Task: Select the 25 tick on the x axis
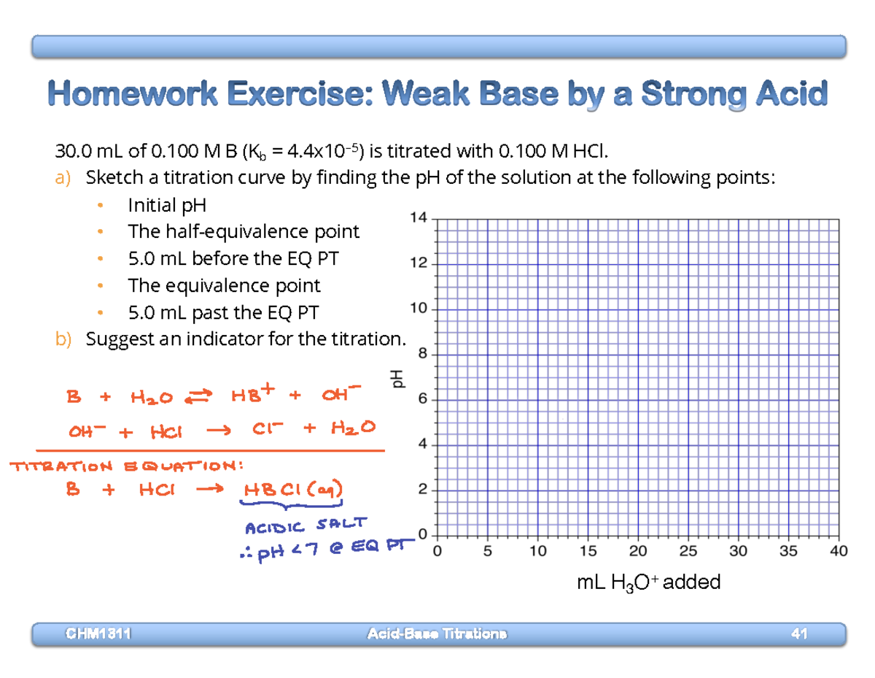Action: tap(688, 552)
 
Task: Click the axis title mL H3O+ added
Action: tap(648, 582)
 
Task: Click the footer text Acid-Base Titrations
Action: tap(436, 633)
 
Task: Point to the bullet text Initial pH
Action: tap(167, 205)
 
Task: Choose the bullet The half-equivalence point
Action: tap(244, 232)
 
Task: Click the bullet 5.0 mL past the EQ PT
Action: tap(223, 313)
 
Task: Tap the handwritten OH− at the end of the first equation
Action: tap(339, 396)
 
